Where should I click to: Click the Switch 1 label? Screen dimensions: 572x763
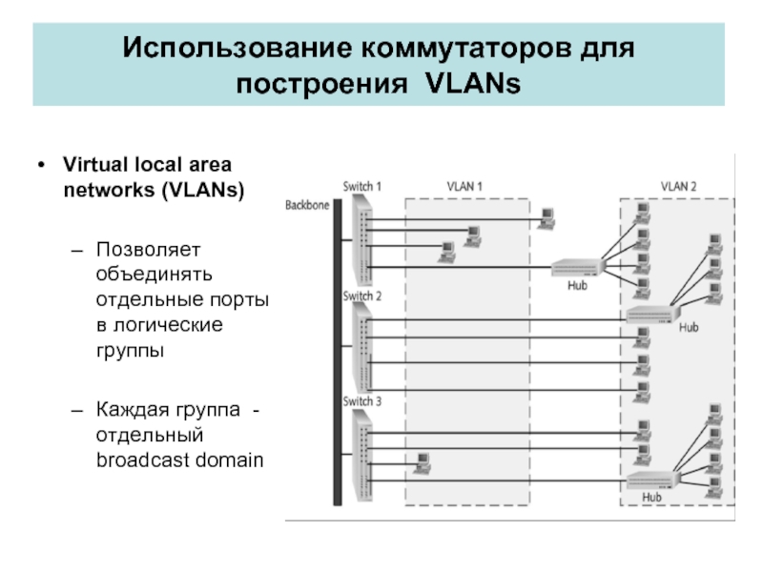pos(361,187)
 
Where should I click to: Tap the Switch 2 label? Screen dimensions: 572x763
pos(361,296)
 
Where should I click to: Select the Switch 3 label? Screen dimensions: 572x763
pos(361,401)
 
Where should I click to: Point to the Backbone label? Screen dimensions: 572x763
pos(307,204)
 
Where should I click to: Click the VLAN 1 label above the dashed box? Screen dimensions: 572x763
pos(465,186)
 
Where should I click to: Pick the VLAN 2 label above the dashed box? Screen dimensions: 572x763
pos(679,186)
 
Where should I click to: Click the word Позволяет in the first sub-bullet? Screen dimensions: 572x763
pos(137,249)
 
